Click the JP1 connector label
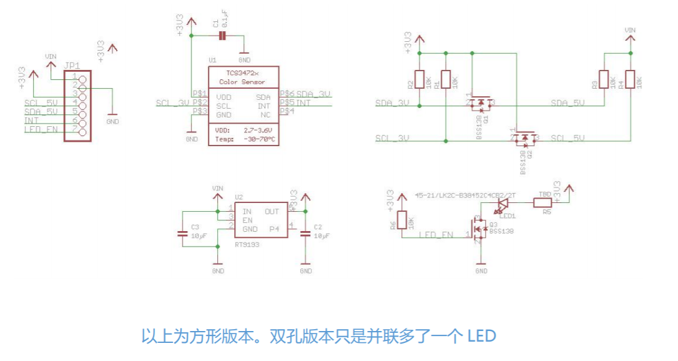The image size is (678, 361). (x=72, y=66)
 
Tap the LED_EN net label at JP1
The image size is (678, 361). (x=41, y=129)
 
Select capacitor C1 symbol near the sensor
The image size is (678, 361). (x=222, y=36)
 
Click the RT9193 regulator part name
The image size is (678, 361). (x=247, y=245)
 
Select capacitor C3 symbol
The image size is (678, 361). (x=182, y=234)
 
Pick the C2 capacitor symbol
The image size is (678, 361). (x=305, y=234)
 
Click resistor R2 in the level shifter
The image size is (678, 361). (x=419, y=80)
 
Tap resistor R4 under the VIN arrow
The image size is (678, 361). (x=630, y=80)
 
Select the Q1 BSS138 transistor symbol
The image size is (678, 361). (x=479, y=102)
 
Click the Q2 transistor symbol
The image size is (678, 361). (x=526, y=138)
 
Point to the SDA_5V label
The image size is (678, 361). (x=569, y=102)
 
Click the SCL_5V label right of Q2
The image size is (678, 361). (x=569, y=138)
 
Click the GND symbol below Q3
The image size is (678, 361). (x=481, y=267)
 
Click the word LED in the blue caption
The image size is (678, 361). (x=481, y=337)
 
